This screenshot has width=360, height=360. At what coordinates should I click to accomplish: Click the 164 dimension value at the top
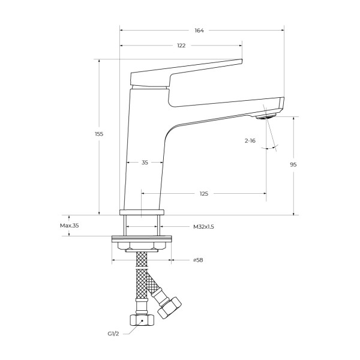(199, 31)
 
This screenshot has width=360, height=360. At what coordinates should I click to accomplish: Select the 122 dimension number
(181, 46)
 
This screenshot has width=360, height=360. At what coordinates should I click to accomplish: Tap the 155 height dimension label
(99, 134)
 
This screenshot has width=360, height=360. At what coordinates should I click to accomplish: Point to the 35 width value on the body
(145, 163)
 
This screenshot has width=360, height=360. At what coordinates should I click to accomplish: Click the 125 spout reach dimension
(204, 194)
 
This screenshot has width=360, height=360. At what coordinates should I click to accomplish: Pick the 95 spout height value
(293, 164)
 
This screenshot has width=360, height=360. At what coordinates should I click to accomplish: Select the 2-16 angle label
(250, 141)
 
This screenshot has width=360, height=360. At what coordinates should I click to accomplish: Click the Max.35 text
(70, 226)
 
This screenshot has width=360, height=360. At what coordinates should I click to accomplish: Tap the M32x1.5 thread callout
(203, 227)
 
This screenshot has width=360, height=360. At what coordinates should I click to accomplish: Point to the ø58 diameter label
(198, 260)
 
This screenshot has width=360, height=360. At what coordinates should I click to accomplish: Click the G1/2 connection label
(113, 334)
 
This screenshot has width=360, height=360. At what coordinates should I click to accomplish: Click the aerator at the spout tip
(266, 116)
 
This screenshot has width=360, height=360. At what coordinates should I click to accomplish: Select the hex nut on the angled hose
(169, 308)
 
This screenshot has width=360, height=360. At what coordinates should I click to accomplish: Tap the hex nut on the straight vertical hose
(142, 320)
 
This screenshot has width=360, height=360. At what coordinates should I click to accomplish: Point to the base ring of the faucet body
(142, 212)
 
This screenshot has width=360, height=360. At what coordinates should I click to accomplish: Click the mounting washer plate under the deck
(142, 239)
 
